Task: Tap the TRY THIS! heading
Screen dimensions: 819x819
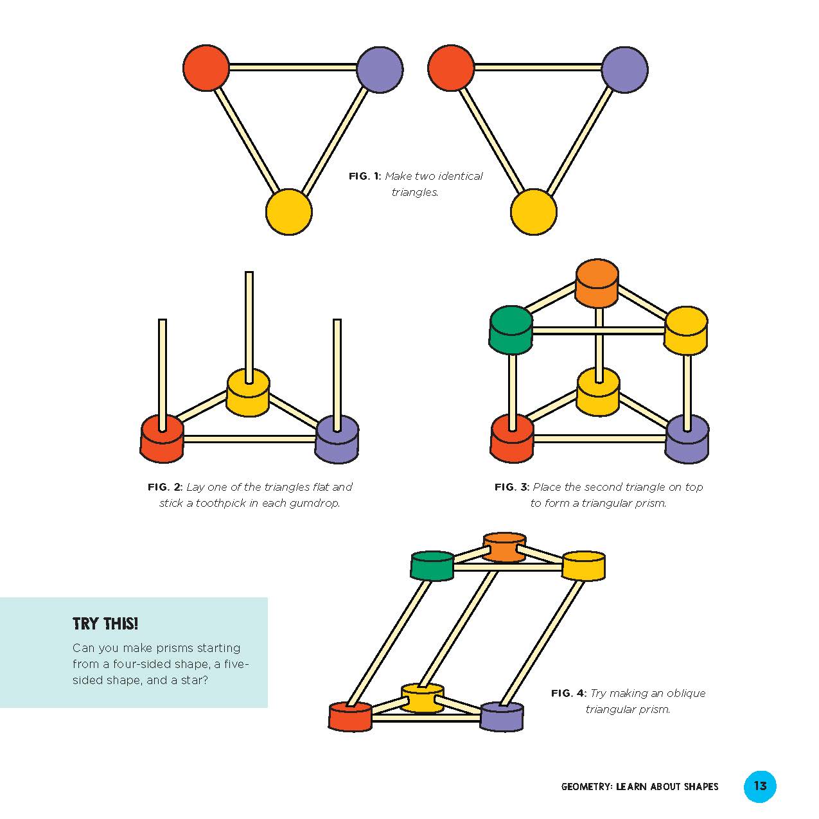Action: (105, 624)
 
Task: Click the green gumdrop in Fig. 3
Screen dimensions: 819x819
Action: (511, 330)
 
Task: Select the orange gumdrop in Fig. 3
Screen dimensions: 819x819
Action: (597, 283)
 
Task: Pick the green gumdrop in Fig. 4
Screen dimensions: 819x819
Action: (432, 566)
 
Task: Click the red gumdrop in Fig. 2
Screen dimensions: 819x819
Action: (162, 439)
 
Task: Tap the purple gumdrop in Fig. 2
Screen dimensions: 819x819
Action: (337, 439)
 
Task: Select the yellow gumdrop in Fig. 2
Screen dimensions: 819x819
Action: (248, 393)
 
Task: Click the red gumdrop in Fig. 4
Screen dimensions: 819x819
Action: (350, 717)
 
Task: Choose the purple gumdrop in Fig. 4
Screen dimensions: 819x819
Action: (502, 717)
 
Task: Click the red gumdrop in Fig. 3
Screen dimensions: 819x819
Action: (512, 439)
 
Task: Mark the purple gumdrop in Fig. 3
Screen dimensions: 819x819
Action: (687, 439)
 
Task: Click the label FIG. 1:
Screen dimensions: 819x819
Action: (365, 176)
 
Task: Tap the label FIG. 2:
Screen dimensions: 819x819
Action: (165, 487)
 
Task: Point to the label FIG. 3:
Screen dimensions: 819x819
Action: (512, 487)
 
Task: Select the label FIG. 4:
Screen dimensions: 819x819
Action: (569, 693)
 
